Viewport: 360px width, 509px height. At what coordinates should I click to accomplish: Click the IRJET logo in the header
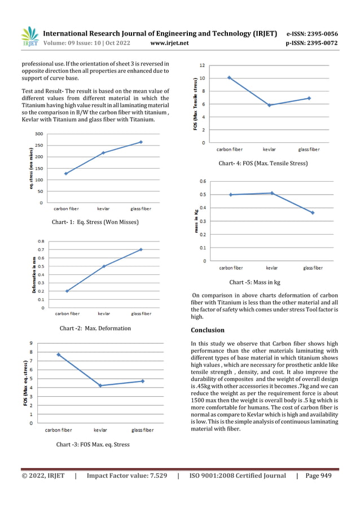point(29,36)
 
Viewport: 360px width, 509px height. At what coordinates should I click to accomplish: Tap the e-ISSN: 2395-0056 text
point(312,33)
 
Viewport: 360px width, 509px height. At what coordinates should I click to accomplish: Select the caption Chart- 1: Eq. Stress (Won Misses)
point(95,222)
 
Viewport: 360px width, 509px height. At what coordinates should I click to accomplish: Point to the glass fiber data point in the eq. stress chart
point(141,142)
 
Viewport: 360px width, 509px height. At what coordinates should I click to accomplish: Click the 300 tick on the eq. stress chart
point(38,134)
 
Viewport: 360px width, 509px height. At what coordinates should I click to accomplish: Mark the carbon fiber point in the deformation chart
point(67,291)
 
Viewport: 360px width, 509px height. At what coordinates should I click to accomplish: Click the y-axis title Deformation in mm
point(34,275)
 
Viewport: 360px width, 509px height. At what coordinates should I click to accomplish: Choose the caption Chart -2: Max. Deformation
point(95,328)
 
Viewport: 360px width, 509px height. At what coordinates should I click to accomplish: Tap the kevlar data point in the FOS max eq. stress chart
point(100,385)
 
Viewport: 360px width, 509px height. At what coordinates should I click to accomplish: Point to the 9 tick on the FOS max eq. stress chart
point(31,343)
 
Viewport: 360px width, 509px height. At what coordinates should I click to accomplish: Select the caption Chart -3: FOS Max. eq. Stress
point(93,444)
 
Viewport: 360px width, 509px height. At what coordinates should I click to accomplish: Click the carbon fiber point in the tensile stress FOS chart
point(229,77)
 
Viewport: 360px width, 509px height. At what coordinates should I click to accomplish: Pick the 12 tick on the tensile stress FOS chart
point(201,65)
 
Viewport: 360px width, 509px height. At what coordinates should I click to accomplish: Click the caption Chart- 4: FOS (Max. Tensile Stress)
point(263,163)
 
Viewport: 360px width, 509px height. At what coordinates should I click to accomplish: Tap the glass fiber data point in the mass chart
point(313,213)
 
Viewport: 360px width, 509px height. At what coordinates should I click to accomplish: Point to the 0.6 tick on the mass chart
point(202,181)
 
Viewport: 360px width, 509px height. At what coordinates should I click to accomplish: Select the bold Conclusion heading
point(208,330)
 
